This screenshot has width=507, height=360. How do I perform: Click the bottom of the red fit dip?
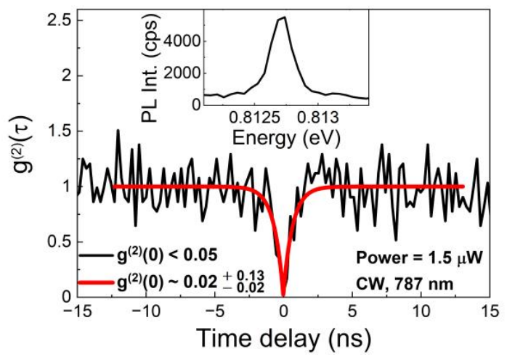283,294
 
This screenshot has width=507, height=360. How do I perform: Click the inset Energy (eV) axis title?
285,134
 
